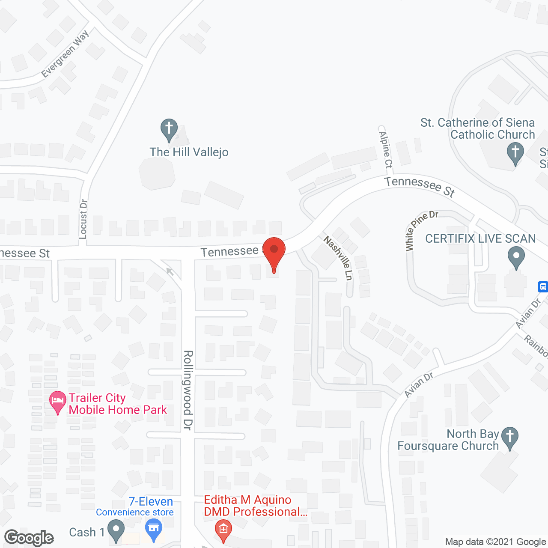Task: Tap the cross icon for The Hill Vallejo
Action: [169, 128]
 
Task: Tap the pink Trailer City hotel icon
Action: [58, 402]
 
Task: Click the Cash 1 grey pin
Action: [115, 530]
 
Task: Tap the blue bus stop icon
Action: [542, 286]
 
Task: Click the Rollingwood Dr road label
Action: [188, 390]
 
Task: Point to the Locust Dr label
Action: [83, 219]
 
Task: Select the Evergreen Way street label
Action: [65, 54]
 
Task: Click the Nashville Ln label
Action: [338, 258]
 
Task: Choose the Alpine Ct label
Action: [385, 146]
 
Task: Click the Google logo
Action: [29, 538]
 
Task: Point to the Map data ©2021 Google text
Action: [495, 542]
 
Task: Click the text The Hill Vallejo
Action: [189, 152]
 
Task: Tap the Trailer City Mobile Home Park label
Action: [118, 404]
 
